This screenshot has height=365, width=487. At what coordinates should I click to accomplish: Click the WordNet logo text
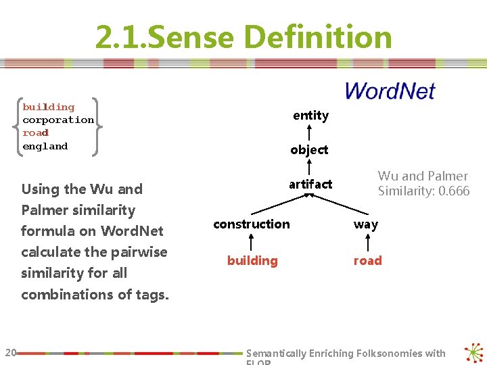390,91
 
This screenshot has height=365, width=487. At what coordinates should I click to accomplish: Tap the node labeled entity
310,116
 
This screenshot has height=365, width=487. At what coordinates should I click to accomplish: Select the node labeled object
309,149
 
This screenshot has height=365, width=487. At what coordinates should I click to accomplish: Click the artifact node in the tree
310,184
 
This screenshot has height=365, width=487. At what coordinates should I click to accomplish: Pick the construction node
251,224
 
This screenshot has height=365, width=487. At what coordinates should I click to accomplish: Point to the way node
366,224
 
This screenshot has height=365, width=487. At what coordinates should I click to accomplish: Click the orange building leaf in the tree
252,261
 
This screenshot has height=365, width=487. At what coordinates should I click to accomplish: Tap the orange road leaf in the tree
367,261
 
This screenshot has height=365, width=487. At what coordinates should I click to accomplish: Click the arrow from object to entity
309,132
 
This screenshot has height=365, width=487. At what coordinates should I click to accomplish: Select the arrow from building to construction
252,242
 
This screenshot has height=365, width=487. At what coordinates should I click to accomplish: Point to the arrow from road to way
366,242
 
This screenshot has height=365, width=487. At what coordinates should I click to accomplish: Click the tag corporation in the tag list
58,120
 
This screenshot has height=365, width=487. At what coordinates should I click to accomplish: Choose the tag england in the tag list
45,146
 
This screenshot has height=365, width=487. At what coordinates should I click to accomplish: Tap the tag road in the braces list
36,132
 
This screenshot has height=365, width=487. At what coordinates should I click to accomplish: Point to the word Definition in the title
319,38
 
